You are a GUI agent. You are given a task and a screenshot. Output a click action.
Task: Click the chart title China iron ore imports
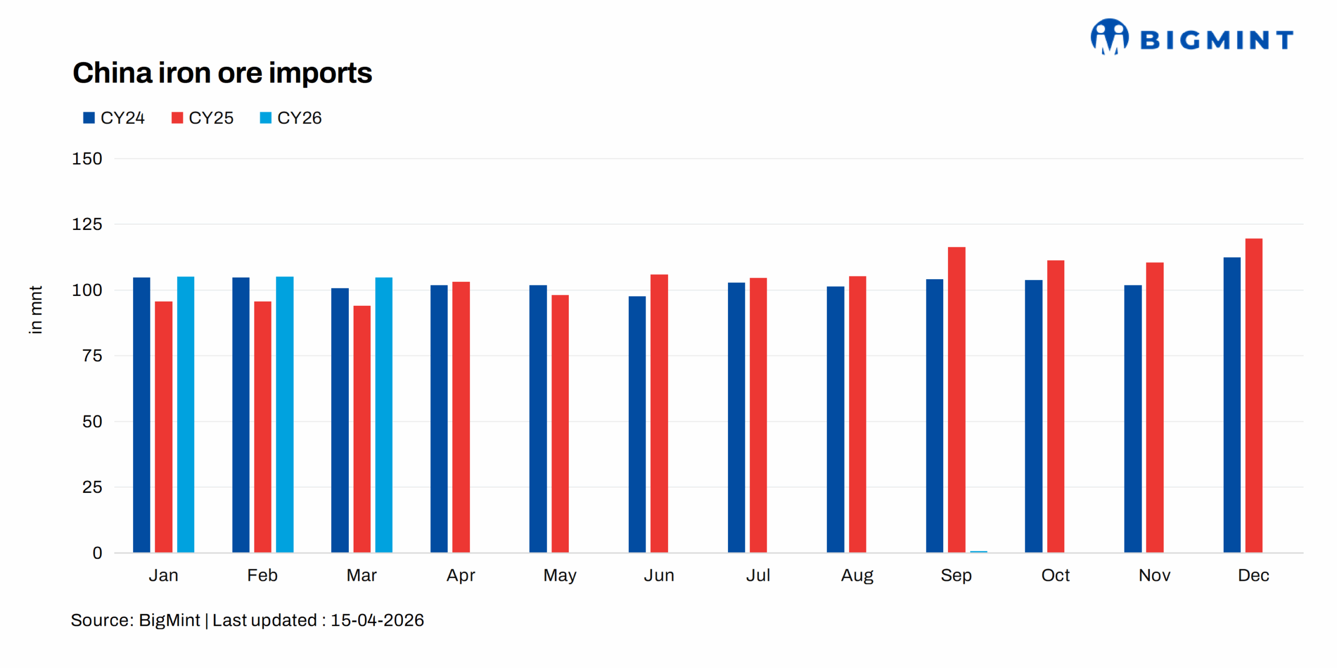pyautogui.click(x=222, y=73)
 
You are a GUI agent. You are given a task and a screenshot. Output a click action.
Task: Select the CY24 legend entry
pyautogui.click(x=114, y=118)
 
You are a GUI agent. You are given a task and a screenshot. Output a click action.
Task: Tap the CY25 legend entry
pyautogui.click(x=203, y=118)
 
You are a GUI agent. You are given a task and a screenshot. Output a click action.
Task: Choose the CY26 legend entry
pyautogui.click(x=291, y=118)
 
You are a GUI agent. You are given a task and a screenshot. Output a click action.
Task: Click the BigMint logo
pyautogui.click(x=1191, y=38)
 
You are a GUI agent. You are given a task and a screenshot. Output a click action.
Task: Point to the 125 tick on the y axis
pyautogui.click(x=87, y=224)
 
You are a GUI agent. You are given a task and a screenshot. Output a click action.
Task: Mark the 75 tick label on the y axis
pyautogui.click(x=92, y=356)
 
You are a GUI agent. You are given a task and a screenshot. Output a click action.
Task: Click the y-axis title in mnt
pyautogui.click(x=35, y=309)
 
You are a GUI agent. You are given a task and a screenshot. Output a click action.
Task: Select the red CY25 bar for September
pyautogui.click(x=956, y=400)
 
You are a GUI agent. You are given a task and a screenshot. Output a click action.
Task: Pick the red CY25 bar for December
pyautogui.click(x=1253, y=396)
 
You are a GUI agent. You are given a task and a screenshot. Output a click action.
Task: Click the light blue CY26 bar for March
pyautogui.click(x=383, y=415)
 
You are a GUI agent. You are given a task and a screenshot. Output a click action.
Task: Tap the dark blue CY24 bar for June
pyautogui.click(x=637, y=424)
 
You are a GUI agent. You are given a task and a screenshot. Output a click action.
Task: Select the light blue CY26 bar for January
pyautogui.click(x=185, y=414)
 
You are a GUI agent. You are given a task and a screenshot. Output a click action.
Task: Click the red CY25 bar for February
pyautogui.click(x=263, y=427)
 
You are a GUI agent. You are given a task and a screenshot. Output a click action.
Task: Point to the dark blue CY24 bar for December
pyautogui.click(x=1231, y=405)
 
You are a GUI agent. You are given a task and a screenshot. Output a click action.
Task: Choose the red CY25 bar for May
pyautogui.click(x=560, y=424)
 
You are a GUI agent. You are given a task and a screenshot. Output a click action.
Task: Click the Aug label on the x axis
pyautogui.click(x=857, y=575)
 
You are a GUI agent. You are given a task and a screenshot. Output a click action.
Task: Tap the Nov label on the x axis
pyautogui.click(x=1154, y=575)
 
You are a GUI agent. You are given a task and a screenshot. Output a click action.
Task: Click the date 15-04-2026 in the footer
pyautogui.click(x=377, y=620)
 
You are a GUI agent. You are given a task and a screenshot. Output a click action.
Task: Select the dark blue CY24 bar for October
pyautogui.click(x=1033, y=417)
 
